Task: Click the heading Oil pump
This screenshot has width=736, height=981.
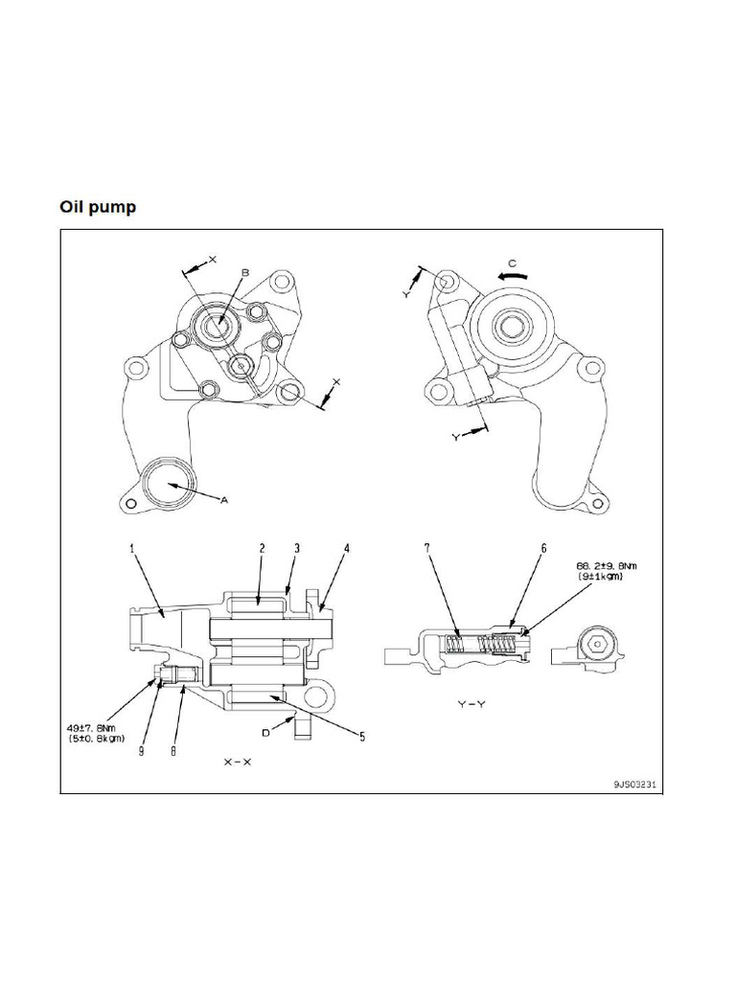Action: [98, 207]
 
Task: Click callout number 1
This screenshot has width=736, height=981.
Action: [132, 549]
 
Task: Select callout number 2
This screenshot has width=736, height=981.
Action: [263, 549]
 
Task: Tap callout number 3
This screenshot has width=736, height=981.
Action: [297, 549]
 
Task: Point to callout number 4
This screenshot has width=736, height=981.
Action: [347, 549]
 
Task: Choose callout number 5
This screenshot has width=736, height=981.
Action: [362, 737]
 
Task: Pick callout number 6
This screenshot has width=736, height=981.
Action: [544, 549]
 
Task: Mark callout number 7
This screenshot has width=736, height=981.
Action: [427, 549]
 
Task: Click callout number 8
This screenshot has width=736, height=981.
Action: [173, 751]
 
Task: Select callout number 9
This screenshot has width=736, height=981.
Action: [142, 751]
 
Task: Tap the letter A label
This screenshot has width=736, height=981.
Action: [224, 500]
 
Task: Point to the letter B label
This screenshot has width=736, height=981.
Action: [245, 273]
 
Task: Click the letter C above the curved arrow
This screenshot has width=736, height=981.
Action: [512, 262]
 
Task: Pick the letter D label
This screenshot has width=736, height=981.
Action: [265, 733]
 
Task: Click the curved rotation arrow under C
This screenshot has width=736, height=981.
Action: [513, 275]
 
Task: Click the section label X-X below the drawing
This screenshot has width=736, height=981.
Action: [238, 762]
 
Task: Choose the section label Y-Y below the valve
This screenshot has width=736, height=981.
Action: [472, 704]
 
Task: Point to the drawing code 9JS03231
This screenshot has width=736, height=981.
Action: [634, 784]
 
